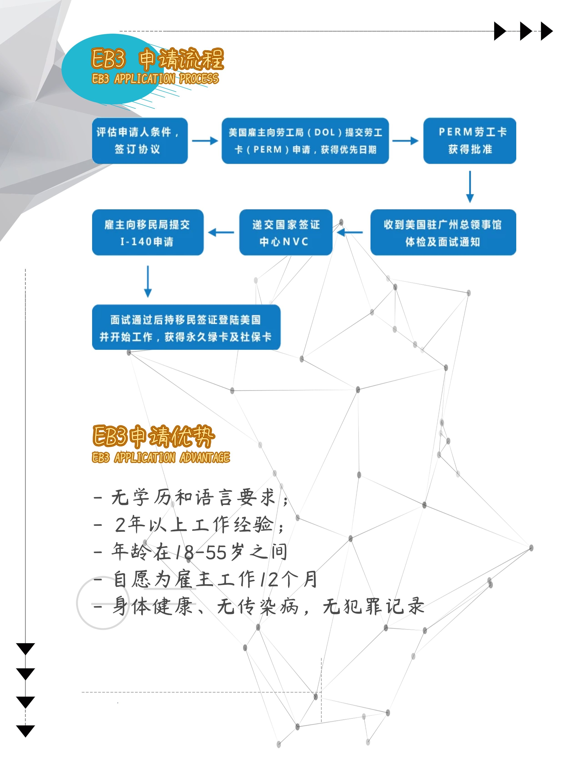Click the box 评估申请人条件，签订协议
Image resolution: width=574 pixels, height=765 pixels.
tap(140, 141)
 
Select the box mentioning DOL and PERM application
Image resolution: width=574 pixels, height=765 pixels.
tap(305, 141)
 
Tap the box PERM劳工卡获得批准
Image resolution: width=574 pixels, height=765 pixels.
tap(470, 141)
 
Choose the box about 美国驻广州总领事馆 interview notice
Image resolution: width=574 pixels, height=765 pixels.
tap(443, 232)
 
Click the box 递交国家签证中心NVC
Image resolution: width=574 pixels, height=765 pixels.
tap(286, 232)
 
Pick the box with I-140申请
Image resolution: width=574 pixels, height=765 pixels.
tap(148, 232)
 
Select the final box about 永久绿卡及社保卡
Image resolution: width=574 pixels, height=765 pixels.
tap(186, 327)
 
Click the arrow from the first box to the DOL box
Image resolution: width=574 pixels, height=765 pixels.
tap(205, 141)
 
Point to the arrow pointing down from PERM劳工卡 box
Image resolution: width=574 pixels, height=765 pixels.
tap(470, 187)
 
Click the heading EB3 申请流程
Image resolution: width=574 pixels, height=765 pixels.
tap(157, 59)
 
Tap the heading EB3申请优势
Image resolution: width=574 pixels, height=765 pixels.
tap(154, 436)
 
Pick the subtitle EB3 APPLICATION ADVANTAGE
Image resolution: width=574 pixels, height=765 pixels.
tap(161, 457)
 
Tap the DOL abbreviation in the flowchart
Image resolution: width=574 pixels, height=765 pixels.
tap(325, 132)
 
